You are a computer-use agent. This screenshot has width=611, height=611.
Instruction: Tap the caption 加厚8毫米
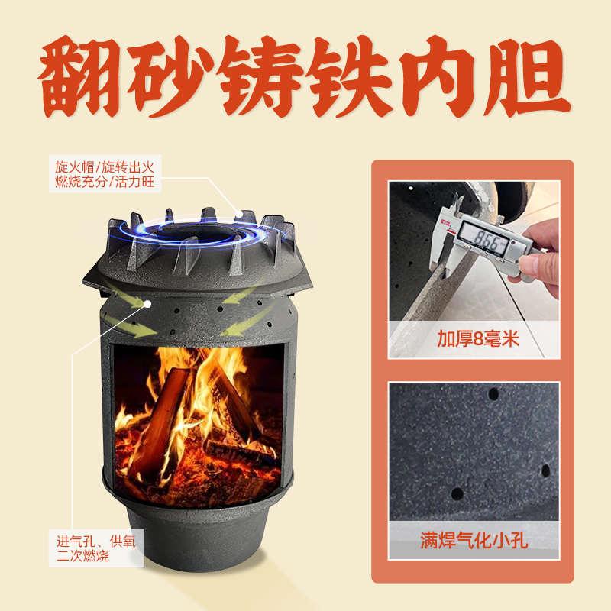479,338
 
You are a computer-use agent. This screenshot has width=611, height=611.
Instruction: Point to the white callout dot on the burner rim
240,215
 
